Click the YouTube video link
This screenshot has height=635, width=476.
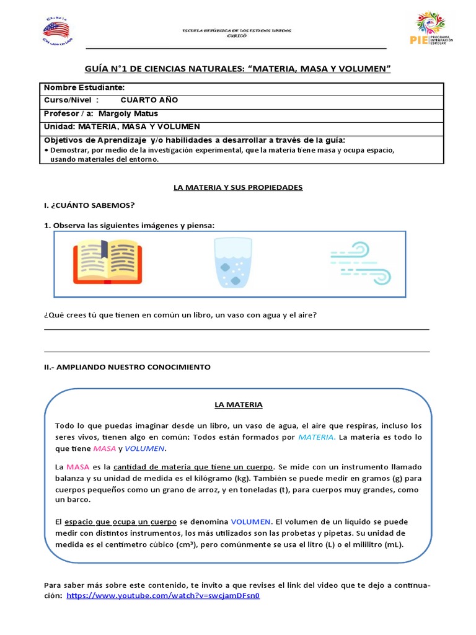click(163, 595)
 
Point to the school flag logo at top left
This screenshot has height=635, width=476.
click(56, 30)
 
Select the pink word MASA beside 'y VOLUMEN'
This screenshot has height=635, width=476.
click(104, 448)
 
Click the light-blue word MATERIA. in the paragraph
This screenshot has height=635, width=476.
click(317, 437)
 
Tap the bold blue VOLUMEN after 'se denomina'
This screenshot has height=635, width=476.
click(251, 522)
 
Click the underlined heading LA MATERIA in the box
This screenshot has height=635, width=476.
click(239, 404)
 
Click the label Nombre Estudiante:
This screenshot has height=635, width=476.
click(84, 88)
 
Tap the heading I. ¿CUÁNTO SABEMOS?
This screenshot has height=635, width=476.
click(89, 205)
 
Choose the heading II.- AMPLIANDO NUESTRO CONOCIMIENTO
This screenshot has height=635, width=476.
click(127, 367)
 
